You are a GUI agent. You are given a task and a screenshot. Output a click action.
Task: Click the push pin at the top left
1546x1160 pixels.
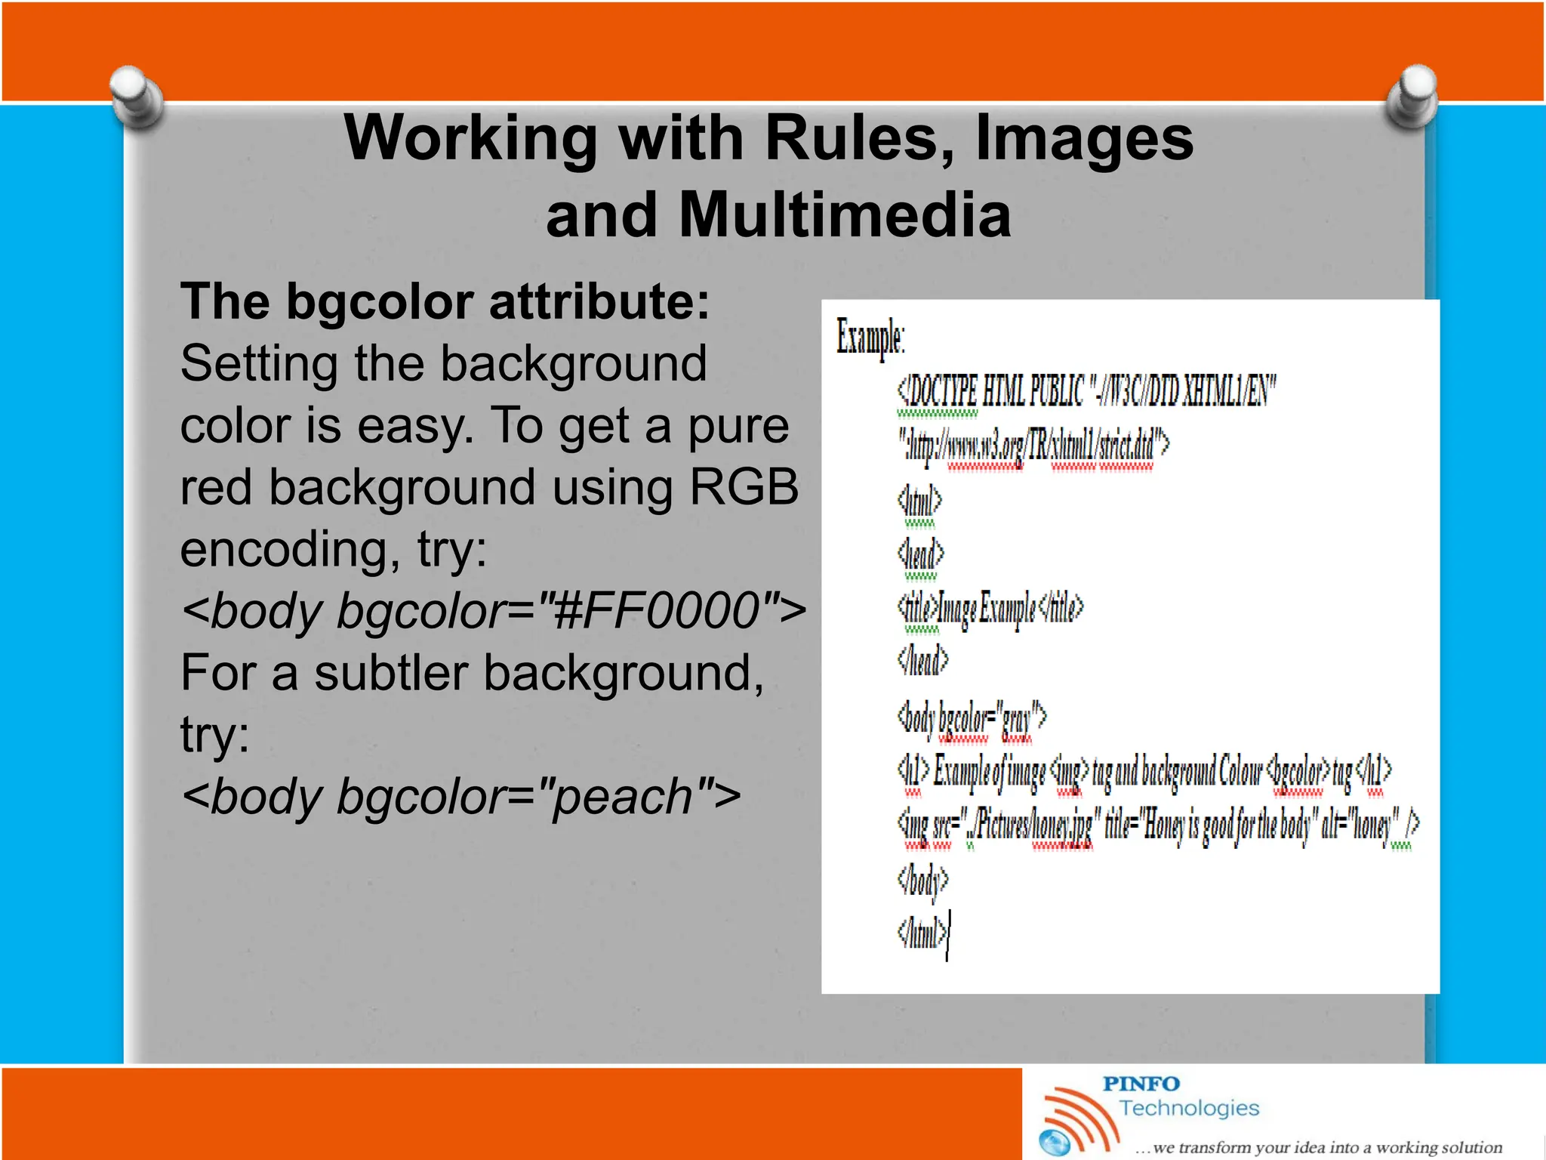(x=136, y=97)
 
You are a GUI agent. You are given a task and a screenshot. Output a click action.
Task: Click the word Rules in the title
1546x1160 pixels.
(x=858, y=138)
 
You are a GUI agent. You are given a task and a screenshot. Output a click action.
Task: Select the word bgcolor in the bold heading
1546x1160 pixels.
(x=380, y=302)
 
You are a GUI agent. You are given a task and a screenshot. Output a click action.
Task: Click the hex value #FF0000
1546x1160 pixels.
(x=655, y=610)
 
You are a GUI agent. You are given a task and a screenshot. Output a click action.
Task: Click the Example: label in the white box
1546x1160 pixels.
(x=870, y=337)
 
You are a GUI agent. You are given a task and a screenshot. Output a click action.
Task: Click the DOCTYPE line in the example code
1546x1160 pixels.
(x=1086, y=391)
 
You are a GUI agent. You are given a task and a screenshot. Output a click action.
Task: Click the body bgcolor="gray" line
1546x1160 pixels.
(x=971, y=717)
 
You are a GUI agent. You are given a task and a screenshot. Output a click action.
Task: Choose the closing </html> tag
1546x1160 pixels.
(x=921, y=933)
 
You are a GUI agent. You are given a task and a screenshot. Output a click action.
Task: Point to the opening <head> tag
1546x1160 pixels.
(x=920, y=554)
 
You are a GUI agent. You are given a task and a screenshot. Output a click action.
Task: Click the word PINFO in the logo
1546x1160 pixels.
(x=1140, y=1084)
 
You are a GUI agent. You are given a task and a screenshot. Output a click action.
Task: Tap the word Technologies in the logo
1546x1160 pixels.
(x=1189, y=1108)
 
